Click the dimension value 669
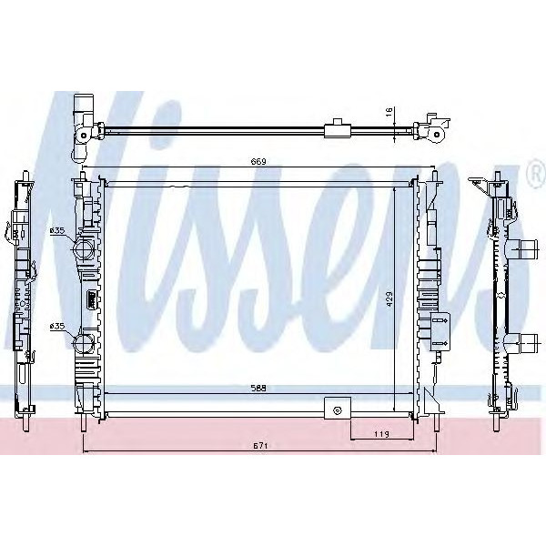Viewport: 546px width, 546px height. coord(259,163)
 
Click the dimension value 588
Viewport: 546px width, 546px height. coord(259,388)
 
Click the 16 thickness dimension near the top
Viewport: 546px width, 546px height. coord(389,112)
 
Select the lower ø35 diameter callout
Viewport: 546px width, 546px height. coord(57,327)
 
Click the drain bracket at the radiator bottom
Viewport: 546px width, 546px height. coord(338,409)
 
